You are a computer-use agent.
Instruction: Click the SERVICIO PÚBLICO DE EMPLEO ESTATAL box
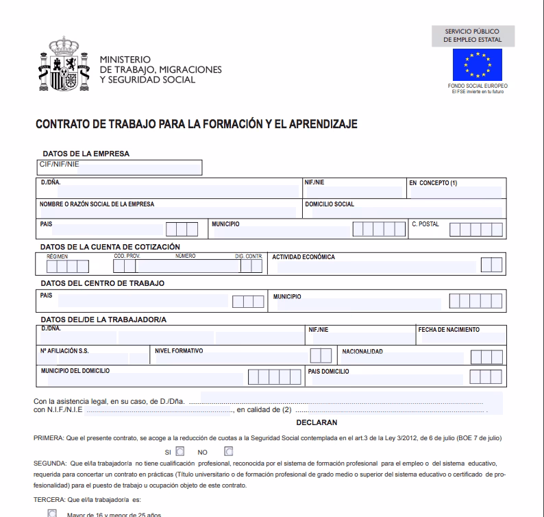pos(472,36)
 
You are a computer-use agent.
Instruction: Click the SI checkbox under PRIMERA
pos(180,452)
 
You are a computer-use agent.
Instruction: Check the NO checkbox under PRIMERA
pos(228,452)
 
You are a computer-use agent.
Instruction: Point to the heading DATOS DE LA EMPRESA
pos(86,154)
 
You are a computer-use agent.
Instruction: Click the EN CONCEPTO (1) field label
pos(433,183)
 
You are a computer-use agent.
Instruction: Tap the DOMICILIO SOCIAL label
pos(330,204)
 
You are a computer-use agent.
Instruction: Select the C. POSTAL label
pos(425,224)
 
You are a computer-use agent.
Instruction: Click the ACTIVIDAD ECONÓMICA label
pos(304,257)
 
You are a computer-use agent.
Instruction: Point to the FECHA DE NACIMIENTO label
pos(449,330)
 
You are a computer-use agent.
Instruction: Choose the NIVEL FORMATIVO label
pos(180,351)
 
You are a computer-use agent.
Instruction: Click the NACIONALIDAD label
pos(362,351)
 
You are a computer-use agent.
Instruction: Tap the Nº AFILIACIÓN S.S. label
pos(64,351)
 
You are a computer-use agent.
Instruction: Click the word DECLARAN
pos(317,423)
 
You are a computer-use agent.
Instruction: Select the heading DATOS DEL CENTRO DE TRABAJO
pos(103,282)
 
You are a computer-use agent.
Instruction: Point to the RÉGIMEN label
pos(58,256)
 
